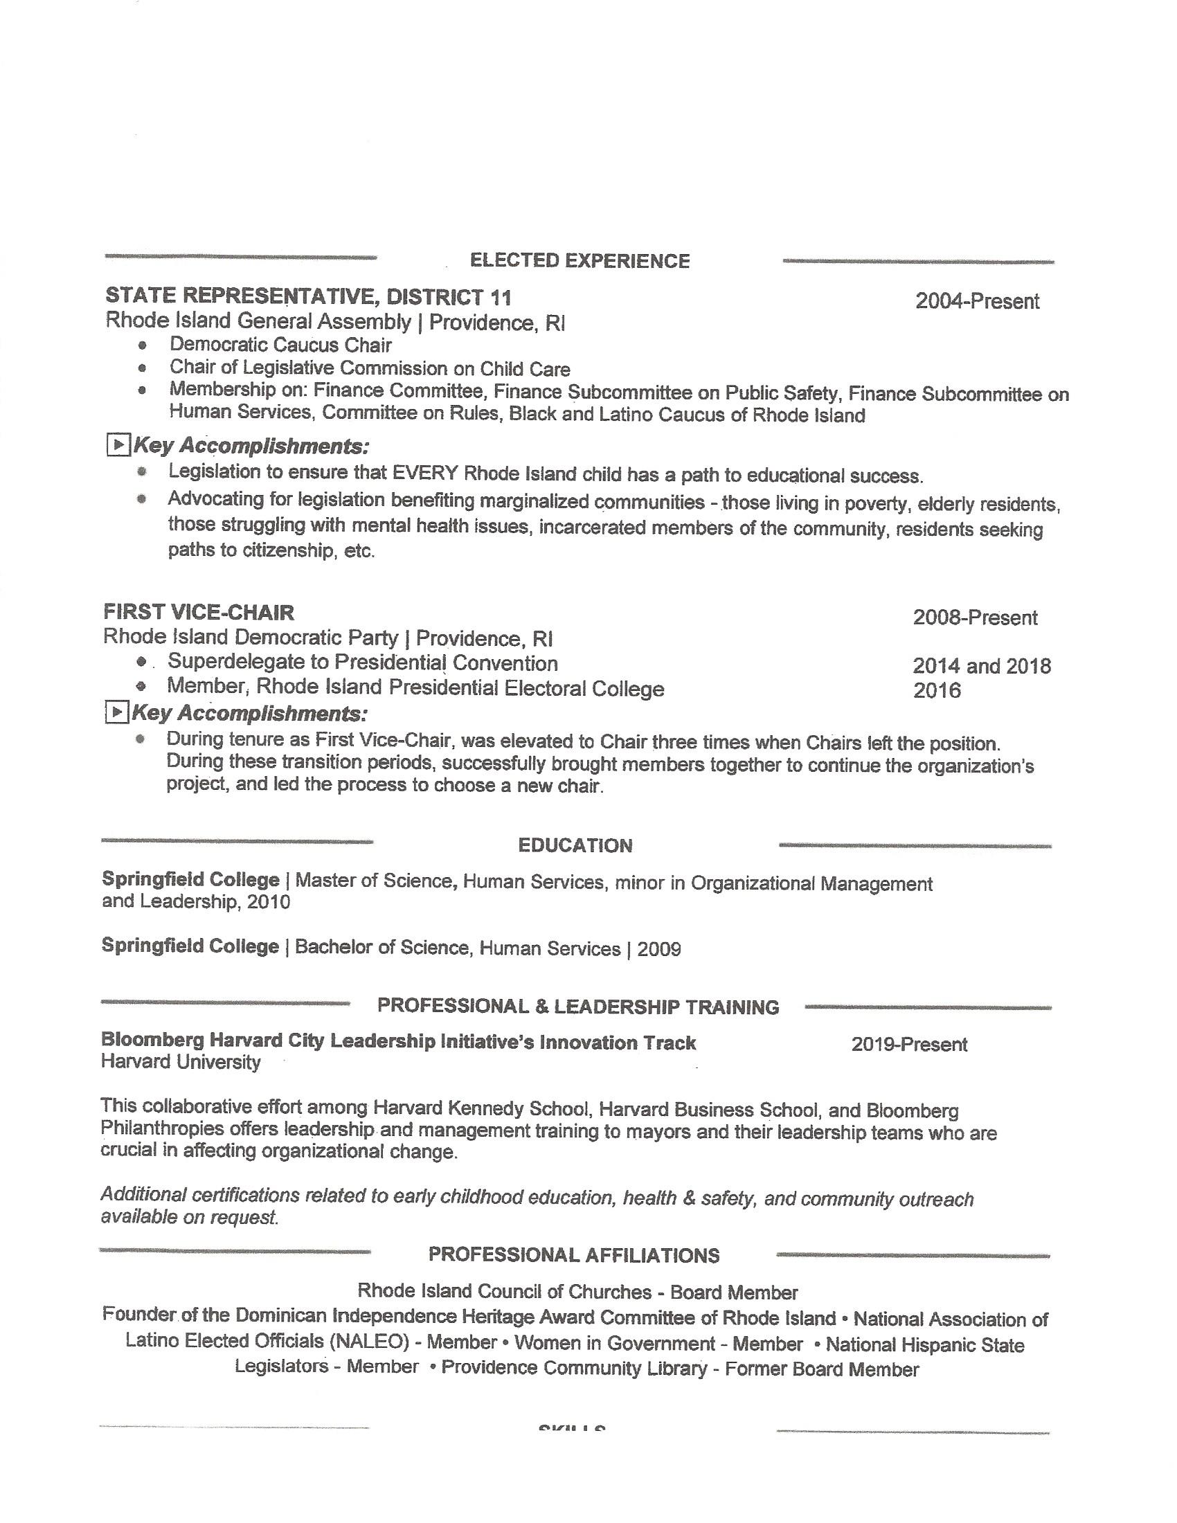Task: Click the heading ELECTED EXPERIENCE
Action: click(579, 261)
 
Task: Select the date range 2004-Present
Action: click(977, 301)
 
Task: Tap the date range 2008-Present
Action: click(975, 617)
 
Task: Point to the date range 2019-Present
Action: click(908, 1044)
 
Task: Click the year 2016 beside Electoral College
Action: click(937, 690)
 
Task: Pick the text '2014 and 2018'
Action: click(981, 666)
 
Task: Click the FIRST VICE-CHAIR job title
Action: click(199, 612)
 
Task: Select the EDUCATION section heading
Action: click(575, 845)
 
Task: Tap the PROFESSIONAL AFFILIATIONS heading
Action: click(573, 1255)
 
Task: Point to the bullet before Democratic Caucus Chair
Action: click(143, 345)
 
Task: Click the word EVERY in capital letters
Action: click(424, 474)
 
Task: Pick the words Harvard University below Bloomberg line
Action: click(181, 1062)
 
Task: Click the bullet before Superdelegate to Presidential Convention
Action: click(141, 661)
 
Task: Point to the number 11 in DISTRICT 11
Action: click(501, 298)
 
